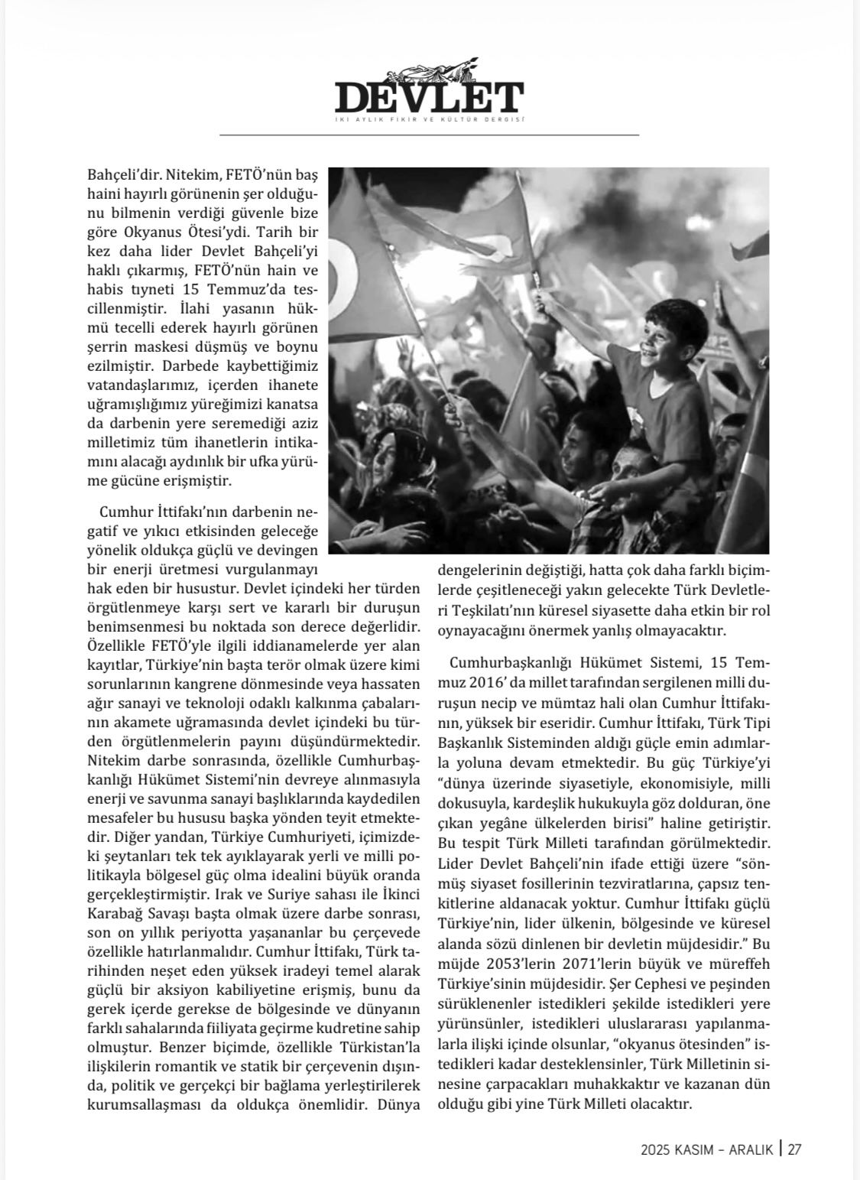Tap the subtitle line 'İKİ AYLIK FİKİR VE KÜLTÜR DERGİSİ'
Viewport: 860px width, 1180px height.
429,119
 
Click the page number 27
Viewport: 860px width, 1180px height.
794,1149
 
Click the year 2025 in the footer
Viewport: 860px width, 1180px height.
657,1149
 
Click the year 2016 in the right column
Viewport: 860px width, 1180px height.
458,681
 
